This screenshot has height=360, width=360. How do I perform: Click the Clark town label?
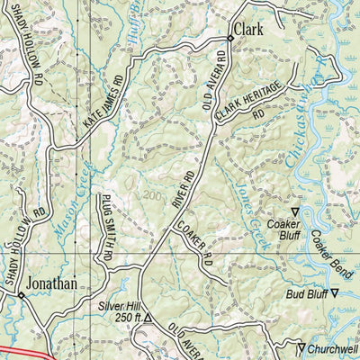[x=248, y=30]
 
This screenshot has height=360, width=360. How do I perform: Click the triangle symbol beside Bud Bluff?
[x=335, y=293]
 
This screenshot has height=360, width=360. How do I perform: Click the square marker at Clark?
[x=229, y=40]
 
